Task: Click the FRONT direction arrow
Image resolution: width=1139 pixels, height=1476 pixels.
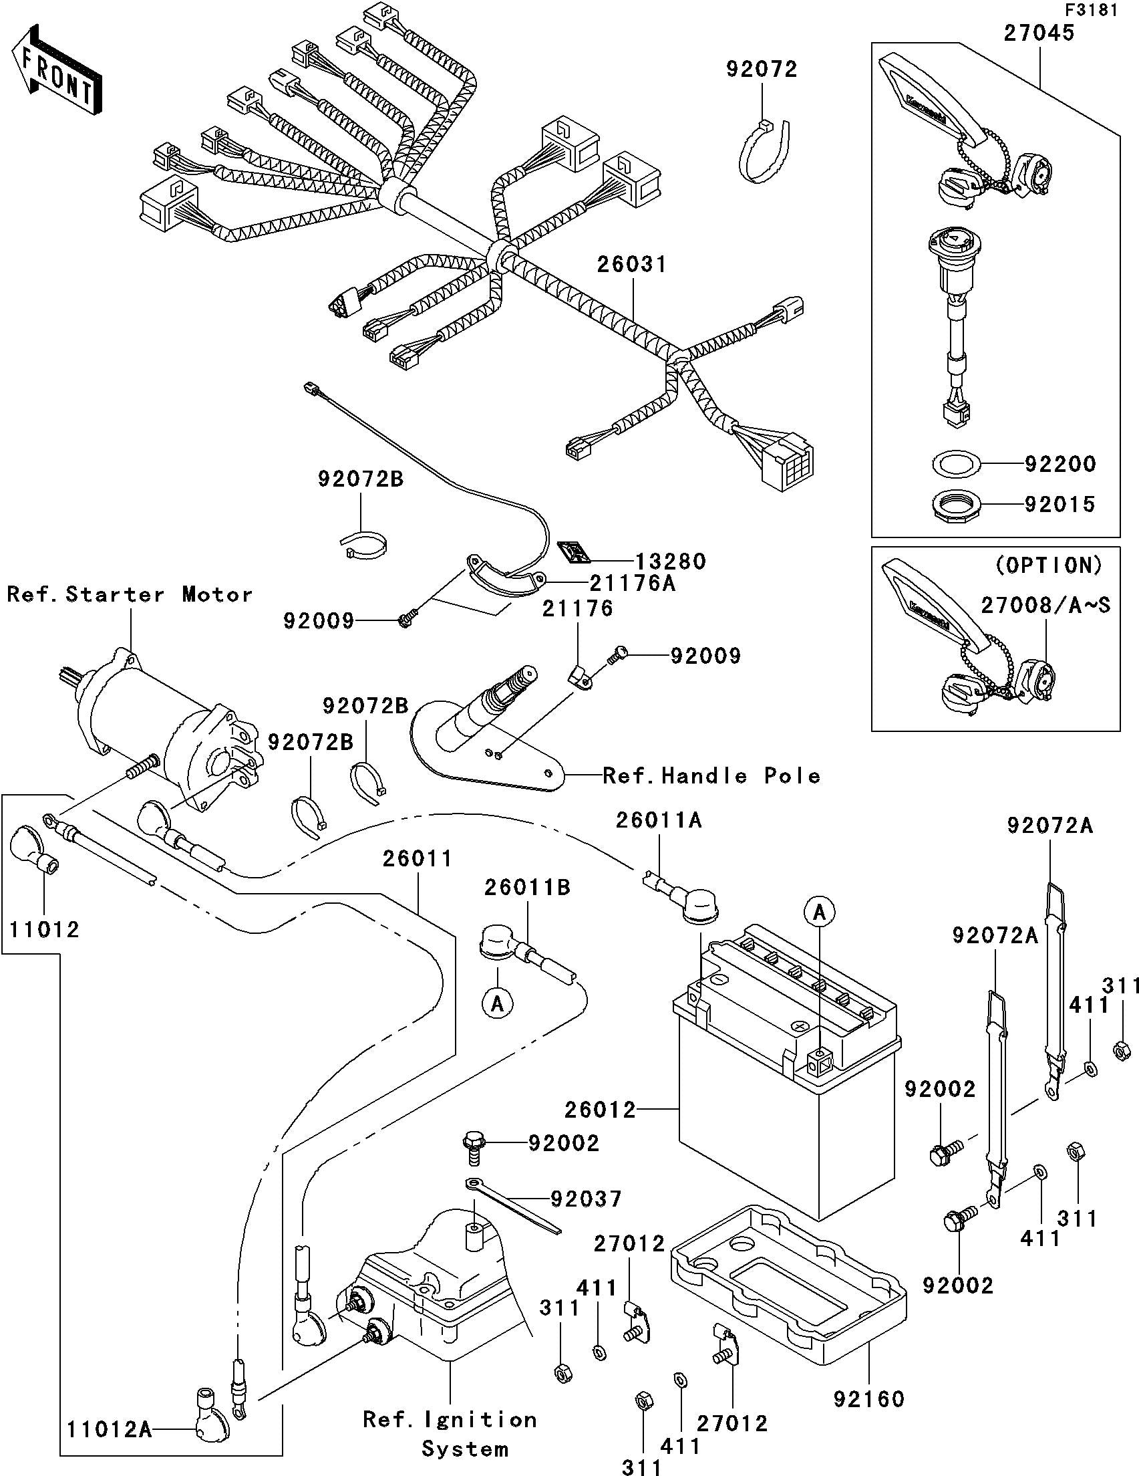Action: tap(57, 69)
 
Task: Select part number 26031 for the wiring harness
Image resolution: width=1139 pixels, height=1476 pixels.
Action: tap(631, 265)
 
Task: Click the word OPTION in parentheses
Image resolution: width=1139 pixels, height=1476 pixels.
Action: tap(1049, 564)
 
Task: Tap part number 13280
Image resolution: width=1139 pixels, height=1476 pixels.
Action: tap(670, 562)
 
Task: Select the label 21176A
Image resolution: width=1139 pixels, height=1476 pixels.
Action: tap(633, 583)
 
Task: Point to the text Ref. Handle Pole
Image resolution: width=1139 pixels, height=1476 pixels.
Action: tap(711, 776)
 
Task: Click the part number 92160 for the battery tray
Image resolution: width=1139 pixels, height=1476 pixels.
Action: tap(868, 1399)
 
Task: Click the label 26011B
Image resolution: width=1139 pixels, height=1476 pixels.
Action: tap(527, 887)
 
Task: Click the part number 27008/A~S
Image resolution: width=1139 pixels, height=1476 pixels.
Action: tap(1045, 606)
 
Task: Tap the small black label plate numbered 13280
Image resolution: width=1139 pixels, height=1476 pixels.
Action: tap(575, 552)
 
